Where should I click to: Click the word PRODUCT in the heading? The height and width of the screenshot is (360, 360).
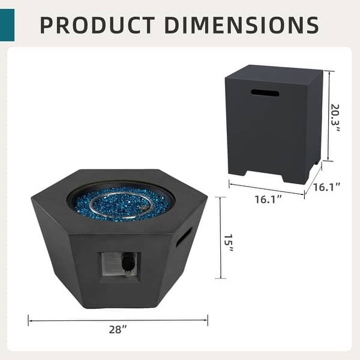point(96,25)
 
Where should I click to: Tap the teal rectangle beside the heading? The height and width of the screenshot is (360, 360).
point(7,25)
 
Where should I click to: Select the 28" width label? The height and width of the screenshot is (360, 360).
point(118,329)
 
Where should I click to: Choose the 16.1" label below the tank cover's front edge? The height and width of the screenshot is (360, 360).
point(268,199)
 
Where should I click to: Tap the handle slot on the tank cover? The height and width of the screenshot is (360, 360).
point(265,93)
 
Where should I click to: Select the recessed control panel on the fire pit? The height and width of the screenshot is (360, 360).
point(118,263)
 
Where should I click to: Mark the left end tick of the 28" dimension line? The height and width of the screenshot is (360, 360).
point(28,320)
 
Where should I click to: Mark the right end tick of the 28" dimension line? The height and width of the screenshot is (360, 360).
point(208,320)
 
